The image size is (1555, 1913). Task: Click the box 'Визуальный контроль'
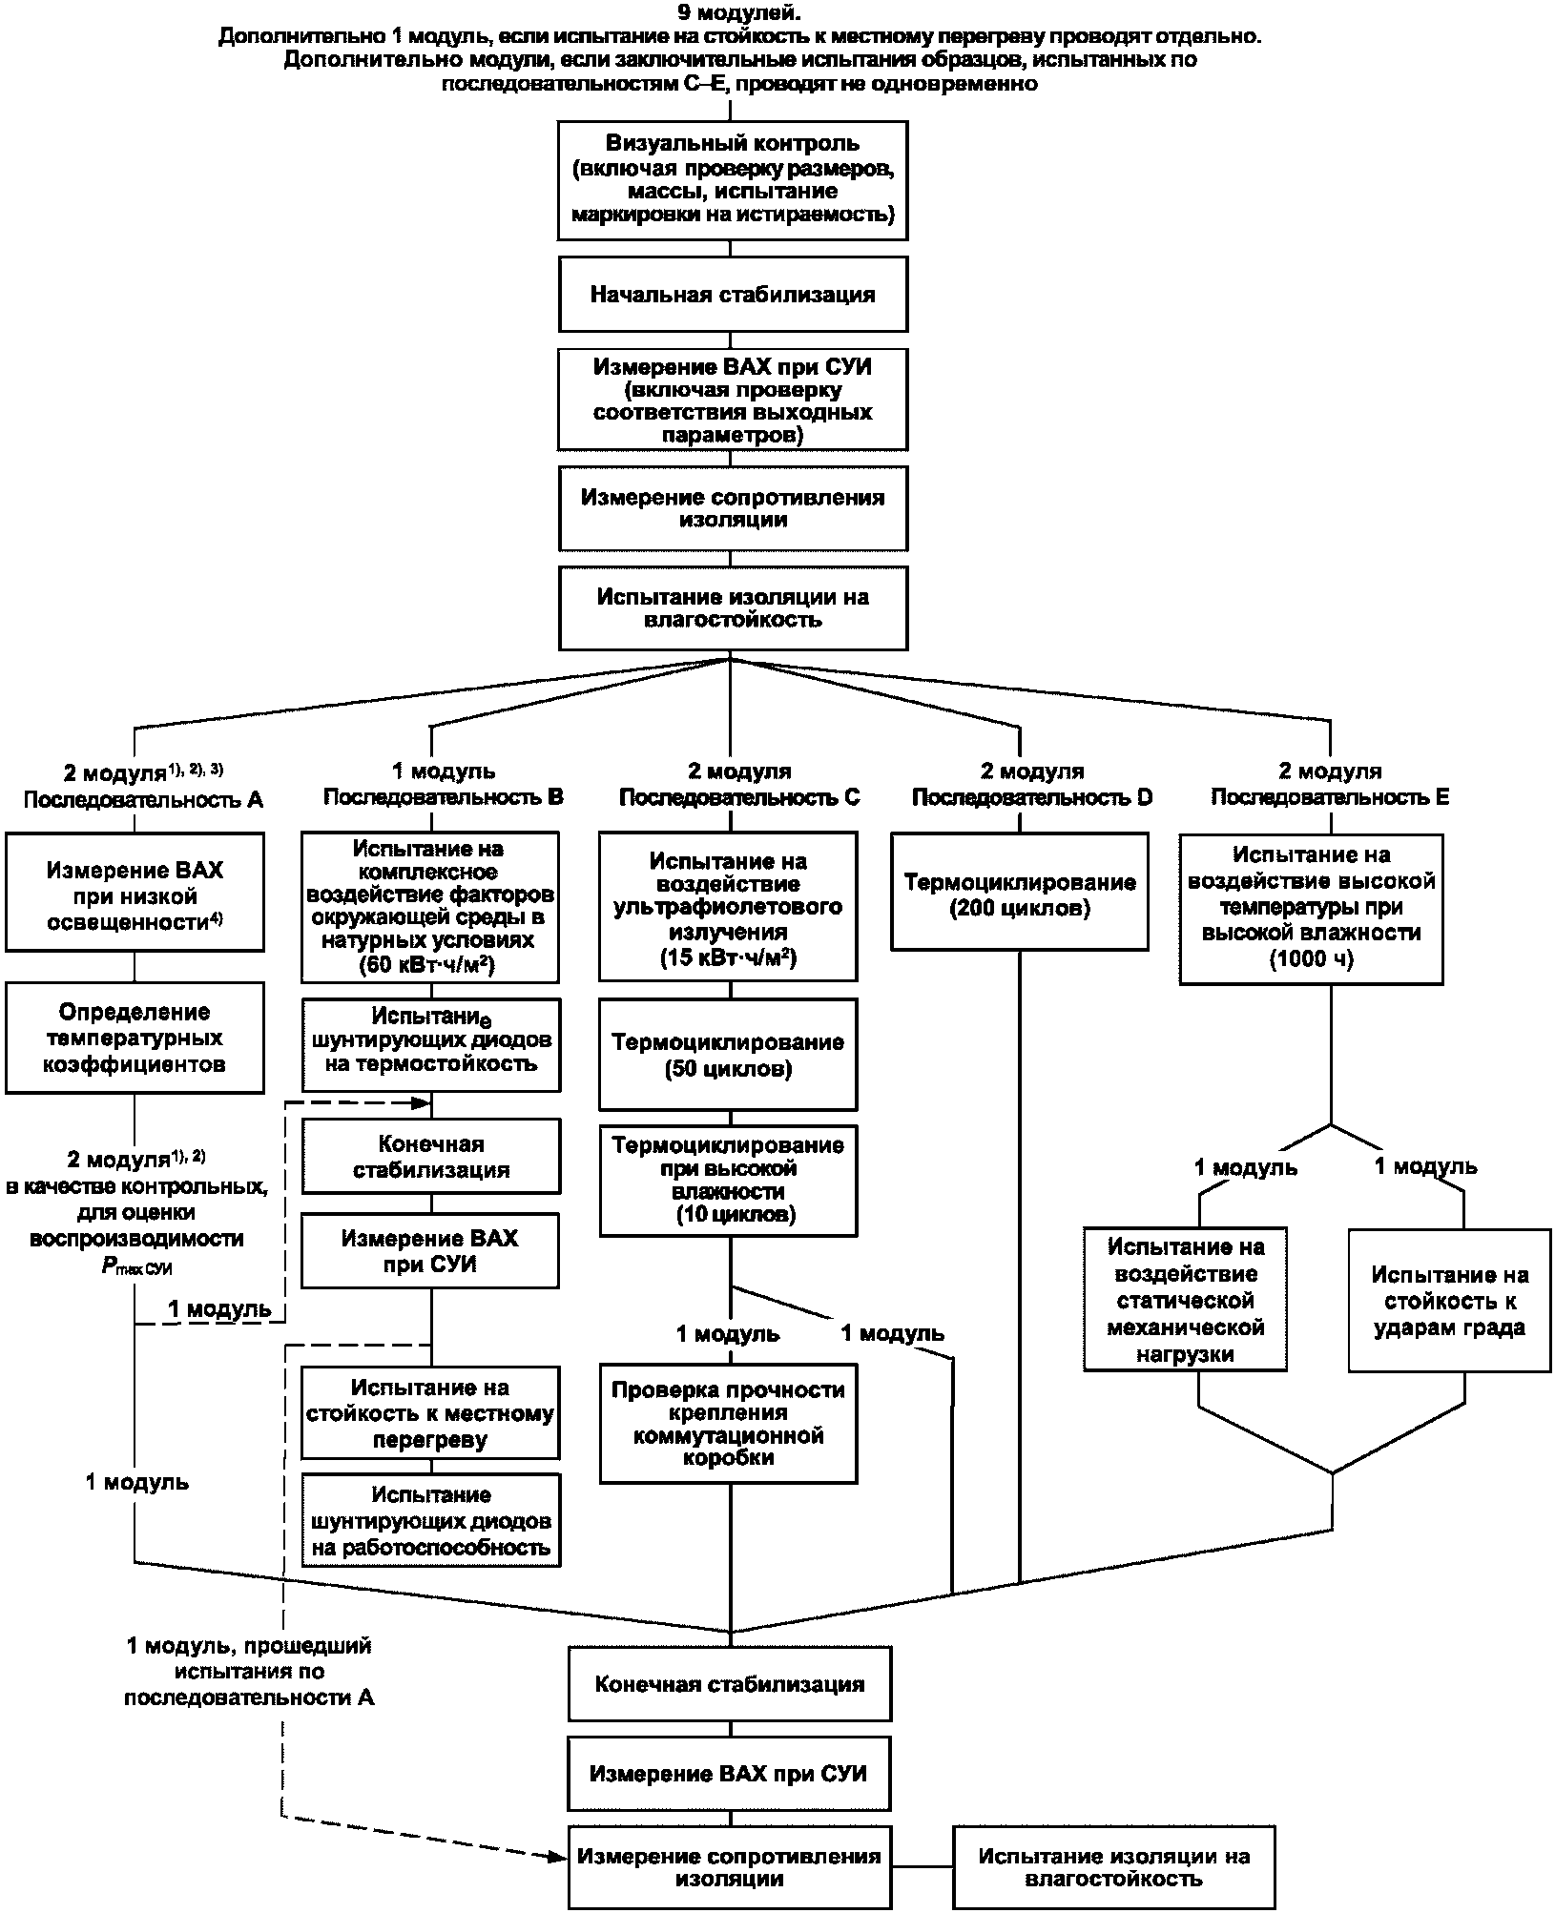732,179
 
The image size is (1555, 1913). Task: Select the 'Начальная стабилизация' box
732,294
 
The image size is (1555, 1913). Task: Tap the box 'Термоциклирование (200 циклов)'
1020,891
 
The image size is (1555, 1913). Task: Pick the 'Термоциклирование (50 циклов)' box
728,1054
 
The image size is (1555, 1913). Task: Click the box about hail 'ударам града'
1449,1300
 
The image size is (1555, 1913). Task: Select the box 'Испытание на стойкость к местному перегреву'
430,1412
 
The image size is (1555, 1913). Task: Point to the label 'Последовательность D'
1032,797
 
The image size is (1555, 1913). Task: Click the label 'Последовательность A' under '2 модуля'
143,799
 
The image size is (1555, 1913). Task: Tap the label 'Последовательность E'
1330,797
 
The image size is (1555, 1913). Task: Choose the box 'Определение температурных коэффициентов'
135,1038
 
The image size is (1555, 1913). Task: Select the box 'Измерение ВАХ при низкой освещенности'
135,892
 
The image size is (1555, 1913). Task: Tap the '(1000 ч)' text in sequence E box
1311,959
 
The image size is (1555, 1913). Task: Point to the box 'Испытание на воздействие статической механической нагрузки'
1186,1300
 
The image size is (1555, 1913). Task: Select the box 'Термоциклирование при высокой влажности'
728,1181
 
